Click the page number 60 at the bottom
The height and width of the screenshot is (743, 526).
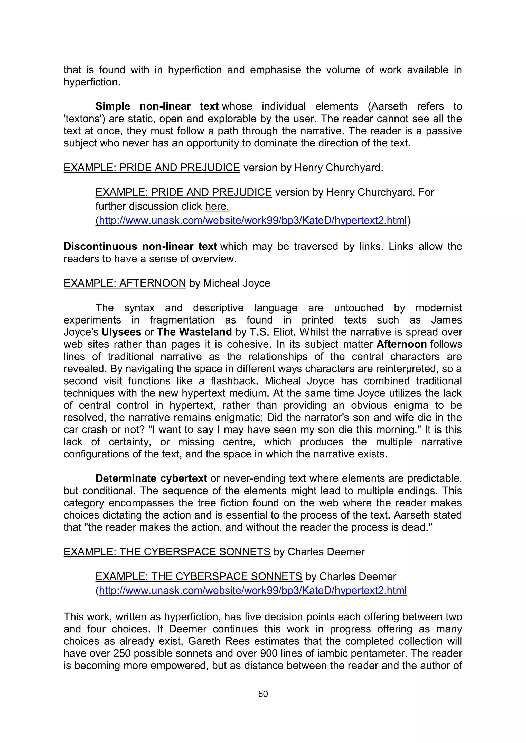click(x=263, y=694)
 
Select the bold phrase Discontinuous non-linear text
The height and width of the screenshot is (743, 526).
click(x=140, y=246)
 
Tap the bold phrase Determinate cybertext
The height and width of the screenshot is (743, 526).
click(x=151, y=478)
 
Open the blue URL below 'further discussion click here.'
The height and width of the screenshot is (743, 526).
click(x=253, y=220)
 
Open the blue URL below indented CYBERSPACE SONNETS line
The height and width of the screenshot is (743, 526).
click(x=253, y=591)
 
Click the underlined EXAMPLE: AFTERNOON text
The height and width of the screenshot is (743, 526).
click(x=125, y=283)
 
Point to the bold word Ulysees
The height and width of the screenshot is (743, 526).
click(x=121, y=332)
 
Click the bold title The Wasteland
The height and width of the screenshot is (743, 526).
click(x=194, y=332)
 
